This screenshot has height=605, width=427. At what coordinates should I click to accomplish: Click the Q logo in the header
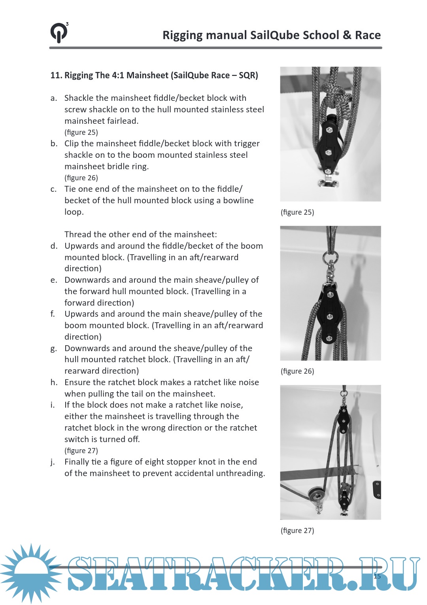(x=59, y=33)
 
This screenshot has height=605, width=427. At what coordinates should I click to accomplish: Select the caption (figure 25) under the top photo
(x=297, y=212)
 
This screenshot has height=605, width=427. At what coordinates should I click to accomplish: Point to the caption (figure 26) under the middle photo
(x=297, y=371)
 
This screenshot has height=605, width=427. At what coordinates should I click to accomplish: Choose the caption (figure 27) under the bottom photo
(x=297, y=531)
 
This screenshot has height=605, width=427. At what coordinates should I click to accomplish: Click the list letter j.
(x=53, y=462)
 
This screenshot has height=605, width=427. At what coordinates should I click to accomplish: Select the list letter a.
(x=53, y=98)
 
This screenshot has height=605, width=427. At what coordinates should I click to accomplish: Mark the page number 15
(x=377, y=576)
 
